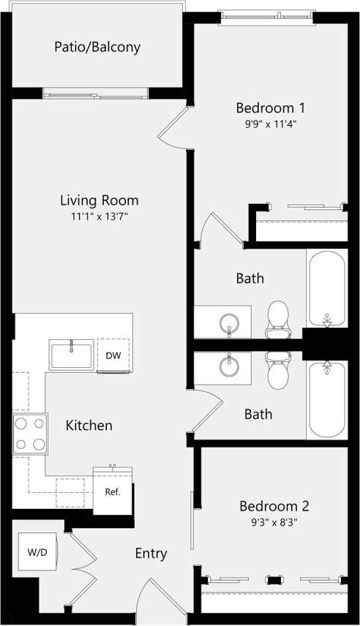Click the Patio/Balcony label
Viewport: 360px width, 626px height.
click(x=97, y=48)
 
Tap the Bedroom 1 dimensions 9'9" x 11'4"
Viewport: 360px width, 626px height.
click(x=271, y=124)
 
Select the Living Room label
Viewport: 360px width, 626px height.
click(x=99, y=200)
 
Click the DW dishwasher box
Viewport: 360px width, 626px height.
click(x=113, y=355)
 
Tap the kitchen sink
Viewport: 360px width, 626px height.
click(x=72, y=355)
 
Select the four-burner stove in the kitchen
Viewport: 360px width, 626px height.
click(x=29, y=434)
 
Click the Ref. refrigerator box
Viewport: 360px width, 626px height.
click(x=112, y=491)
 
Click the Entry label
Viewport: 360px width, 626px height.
click(x=151, y=554)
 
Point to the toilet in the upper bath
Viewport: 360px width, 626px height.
click(x=278, y=321)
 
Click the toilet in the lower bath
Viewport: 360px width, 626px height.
click(x=278, y=371)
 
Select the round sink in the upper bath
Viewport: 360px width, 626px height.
click(x=230, y=323)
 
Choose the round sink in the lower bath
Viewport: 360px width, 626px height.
click(x=230, y=363)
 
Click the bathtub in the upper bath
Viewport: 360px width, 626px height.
click(x=326, y=288)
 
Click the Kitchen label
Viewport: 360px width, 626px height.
click(x=89, y=425)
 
